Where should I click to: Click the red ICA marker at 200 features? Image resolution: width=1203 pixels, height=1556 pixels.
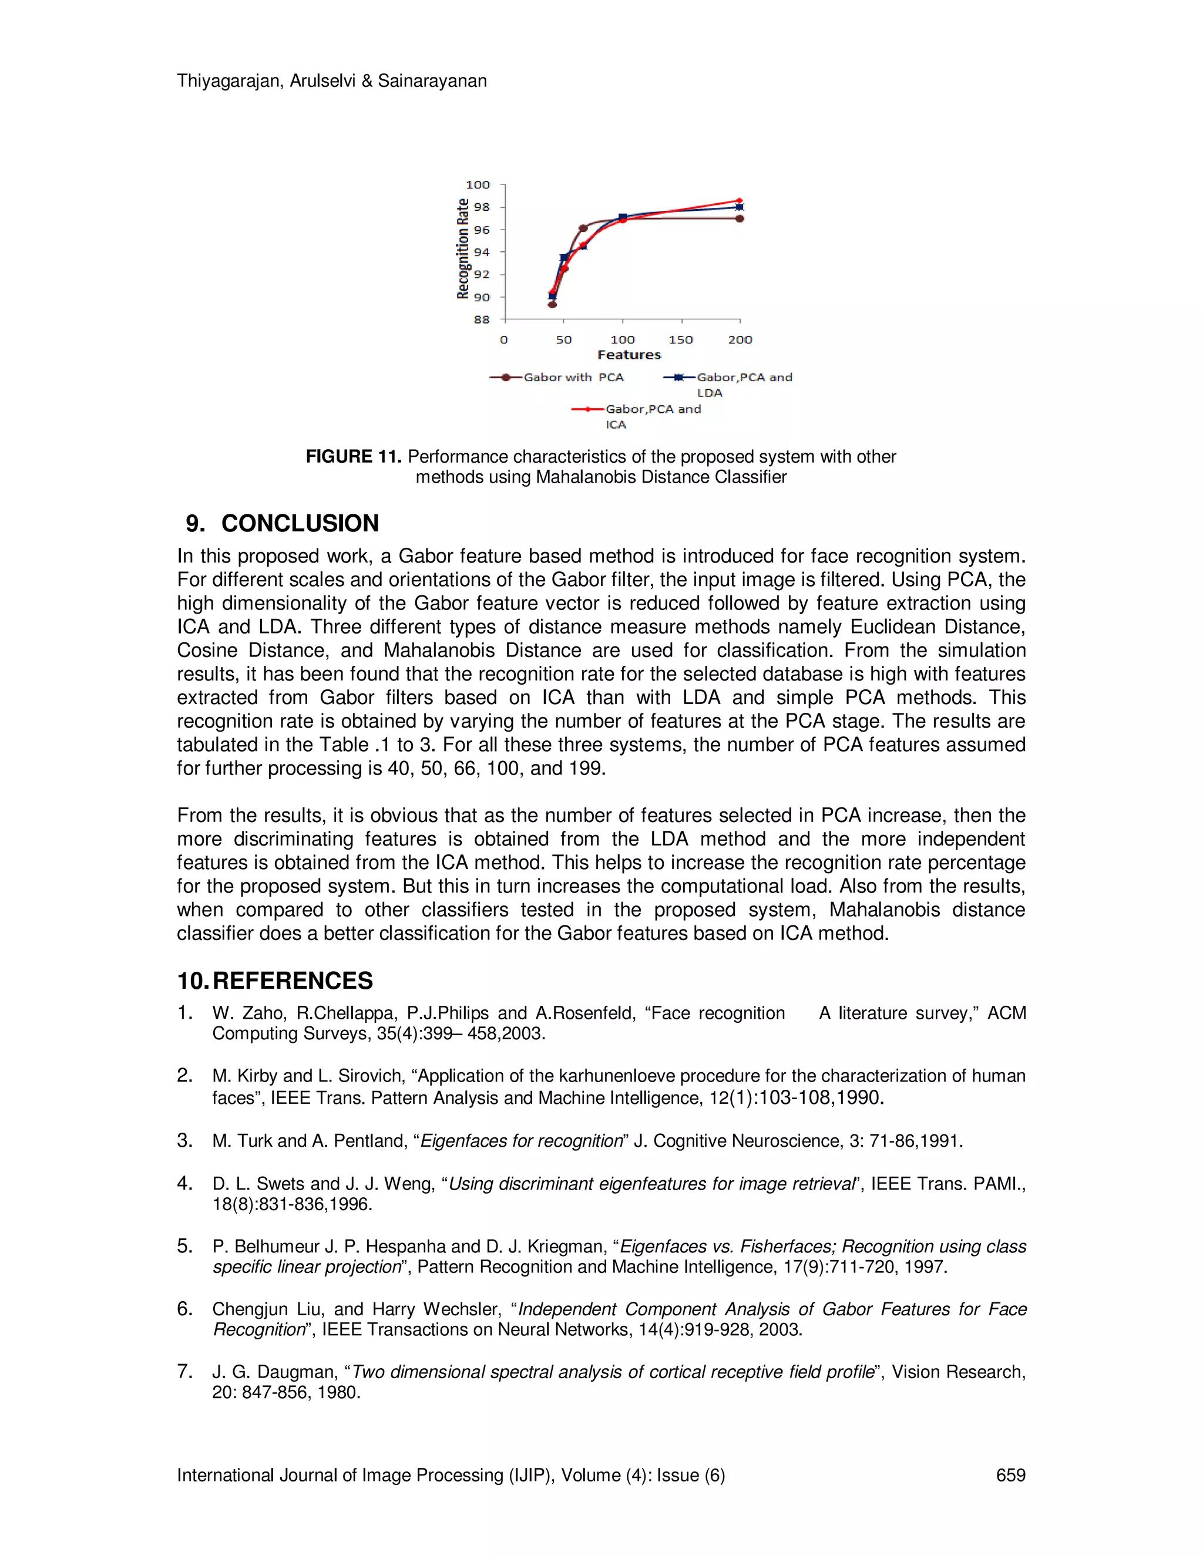(740, 201)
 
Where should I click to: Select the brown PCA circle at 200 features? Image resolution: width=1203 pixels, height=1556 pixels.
(740, 219)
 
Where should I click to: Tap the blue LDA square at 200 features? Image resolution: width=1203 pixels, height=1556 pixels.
(740, 207)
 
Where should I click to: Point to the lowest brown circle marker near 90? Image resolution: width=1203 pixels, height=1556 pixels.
(552, 304)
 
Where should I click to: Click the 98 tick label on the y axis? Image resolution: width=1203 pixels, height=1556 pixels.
(482, 207)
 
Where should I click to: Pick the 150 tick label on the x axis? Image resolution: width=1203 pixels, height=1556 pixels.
(681, 340)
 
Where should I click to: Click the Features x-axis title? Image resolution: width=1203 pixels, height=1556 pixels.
(629, 355)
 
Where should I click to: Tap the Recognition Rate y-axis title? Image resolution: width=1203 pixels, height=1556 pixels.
(463, 248)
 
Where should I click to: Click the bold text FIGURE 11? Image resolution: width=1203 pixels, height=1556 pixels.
(354, 457)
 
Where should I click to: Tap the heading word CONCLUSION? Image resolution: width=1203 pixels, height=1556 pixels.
(300, 524)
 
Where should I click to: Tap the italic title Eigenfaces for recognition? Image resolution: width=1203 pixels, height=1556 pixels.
(522, 1141)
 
